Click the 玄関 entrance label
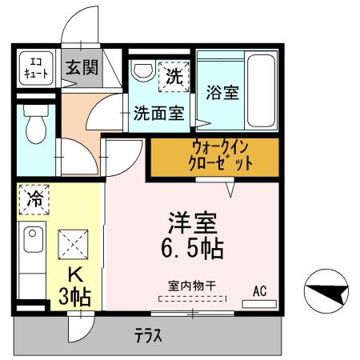pyautogui.click(x=79, y=68)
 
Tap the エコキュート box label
pyautogui.click(x=35, y=67)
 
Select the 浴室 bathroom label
pyautogui.click(x=222, y=92)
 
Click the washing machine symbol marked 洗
pyautogui.click(x=173, y=76)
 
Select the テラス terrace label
pyautogui.click(x=148, y=336)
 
